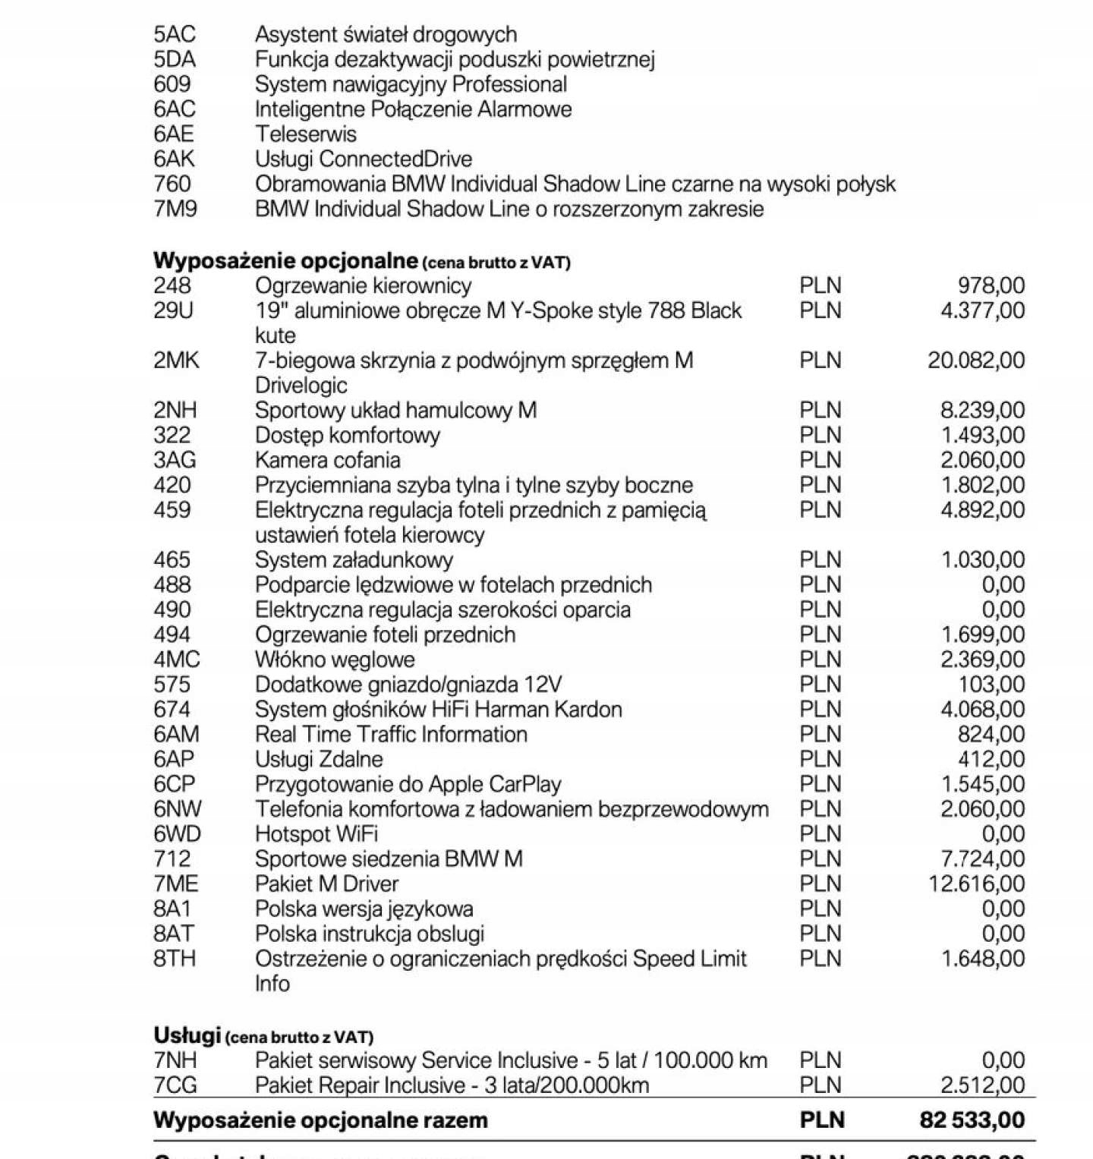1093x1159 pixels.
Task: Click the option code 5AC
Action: (174, 34)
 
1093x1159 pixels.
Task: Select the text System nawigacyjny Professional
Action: (411, 84)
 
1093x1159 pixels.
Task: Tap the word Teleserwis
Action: (305, 134)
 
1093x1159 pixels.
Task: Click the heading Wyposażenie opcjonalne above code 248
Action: (285, 260)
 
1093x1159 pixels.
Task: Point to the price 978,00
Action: (991, 285)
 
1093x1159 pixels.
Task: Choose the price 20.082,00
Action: (975, 361)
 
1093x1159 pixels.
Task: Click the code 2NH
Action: (175, 411)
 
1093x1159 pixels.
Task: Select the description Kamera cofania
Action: (327, 460)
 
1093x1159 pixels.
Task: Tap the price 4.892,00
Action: (982, 510)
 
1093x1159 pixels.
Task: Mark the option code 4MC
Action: (176, 660)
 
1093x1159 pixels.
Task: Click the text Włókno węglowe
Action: (335, 660)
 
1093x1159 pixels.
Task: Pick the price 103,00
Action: (991, 685)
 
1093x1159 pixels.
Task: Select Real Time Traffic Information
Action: (391, 735)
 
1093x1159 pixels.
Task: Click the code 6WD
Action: (177, 834)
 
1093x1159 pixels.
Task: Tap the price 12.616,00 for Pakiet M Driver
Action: (976, 884)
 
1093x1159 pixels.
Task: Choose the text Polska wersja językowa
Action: (364, 909)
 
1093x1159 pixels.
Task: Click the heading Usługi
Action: (187, 1035)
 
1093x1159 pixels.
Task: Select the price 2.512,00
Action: (982, 1085)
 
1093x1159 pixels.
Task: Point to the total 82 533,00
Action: (972, 1120)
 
